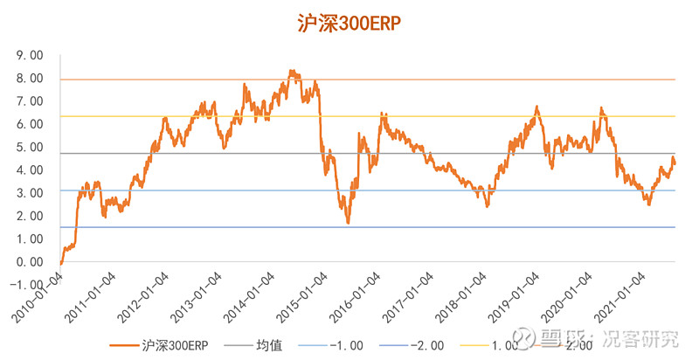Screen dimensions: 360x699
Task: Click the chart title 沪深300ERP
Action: point(349,24)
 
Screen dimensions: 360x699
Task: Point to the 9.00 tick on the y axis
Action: point(30,55)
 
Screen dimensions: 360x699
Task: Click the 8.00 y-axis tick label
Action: point(30,78)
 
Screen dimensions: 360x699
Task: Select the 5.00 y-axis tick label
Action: point(30,147)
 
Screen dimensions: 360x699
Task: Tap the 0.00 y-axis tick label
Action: point(30,261)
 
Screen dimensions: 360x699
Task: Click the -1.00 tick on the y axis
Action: point(27,284)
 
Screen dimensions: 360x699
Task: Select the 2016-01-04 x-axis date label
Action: point(356,298)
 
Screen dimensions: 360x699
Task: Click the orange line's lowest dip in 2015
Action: point(348,223)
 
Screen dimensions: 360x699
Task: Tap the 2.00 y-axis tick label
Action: point(30,216)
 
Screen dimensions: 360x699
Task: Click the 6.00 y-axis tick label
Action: point(30,124)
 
